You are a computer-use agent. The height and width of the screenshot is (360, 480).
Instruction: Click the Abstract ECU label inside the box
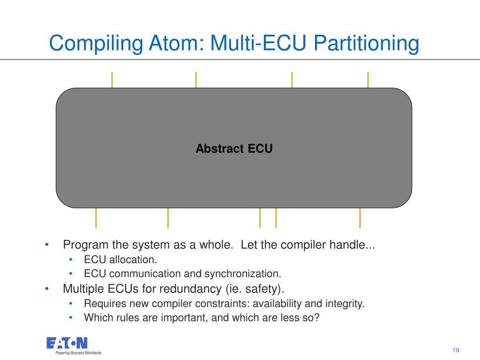coord(234,149)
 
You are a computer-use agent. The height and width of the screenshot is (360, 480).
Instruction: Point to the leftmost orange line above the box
coord(112,80)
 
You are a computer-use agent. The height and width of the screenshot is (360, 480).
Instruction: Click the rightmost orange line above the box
coord(368,80)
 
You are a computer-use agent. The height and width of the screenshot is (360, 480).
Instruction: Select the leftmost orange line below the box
coord(96,217)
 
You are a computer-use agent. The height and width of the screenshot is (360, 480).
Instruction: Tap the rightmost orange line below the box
coord(360,217)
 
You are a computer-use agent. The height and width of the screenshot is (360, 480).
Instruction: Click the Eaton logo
coord(67,343)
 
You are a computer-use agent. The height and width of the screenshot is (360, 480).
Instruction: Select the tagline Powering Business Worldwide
coord(78,353)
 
